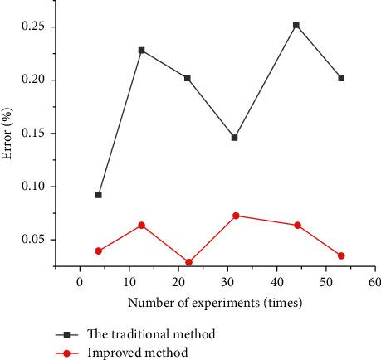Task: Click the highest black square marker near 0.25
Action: (296, 25)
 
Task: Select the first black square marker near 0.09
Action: (99, 195)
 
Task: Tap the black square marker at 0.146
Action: (235, 138)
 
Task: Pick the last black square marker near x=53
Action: (341, 78)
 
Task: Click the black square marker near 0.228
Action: (141, 50)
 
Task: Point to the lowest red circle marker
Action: (189, 262)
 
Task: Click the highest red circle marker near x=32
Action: (236, 216)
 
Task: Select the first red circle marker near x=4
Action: (99, 251)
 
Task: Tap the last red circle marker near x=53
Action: (341, 255)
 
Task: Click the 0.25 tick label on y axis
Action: (32, 27)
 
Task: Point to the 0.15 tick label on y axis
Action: (32, 134)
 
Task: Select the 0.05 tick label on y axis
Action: (32, 240)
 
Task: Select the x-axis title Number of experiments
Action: (215, 304)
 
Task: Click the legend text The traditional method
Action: (151, 334)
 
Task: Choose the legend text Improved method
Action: (137, 353)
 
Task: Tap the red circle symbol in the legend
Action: (69, 353)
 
